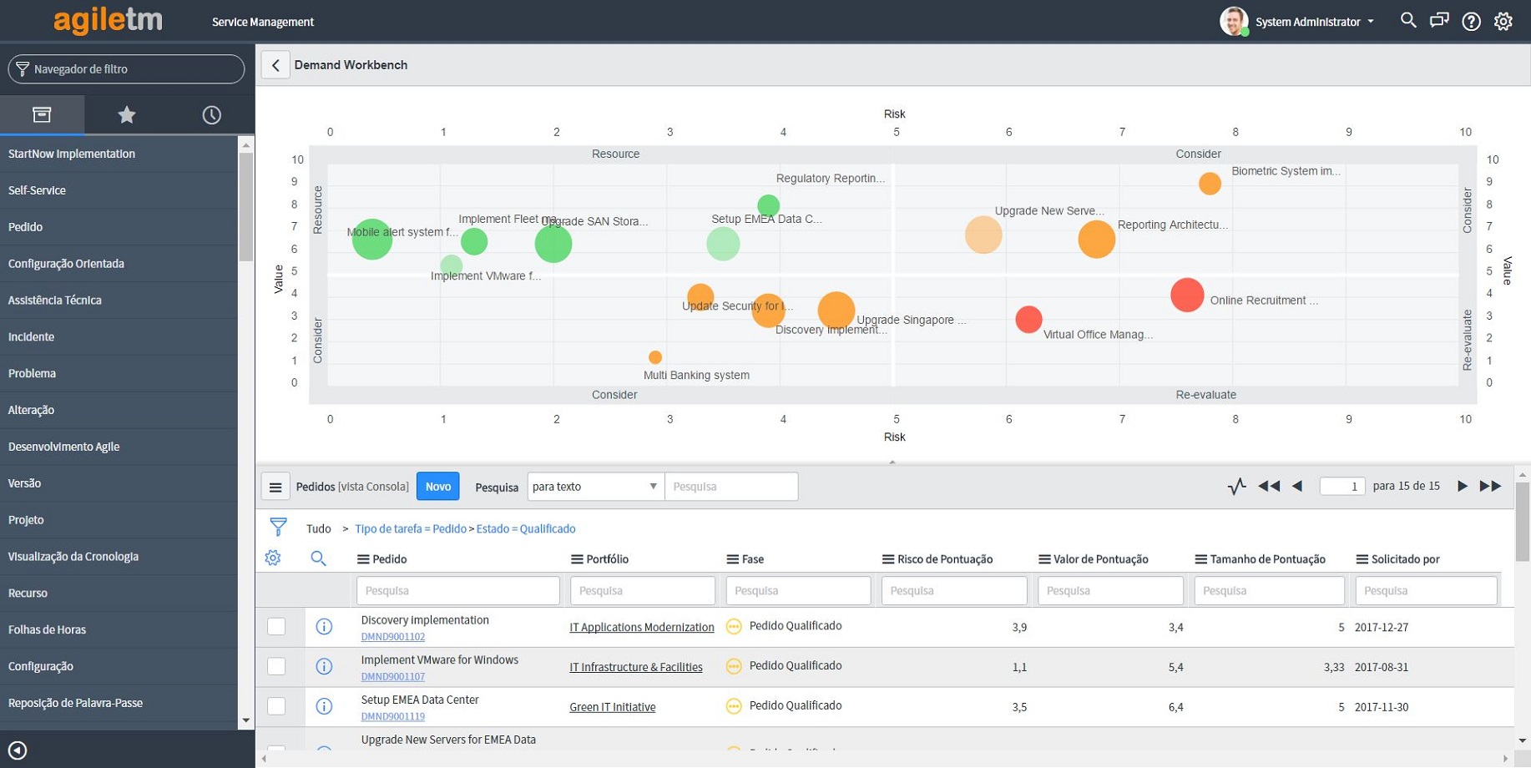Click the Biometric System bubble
tap(1209, 184)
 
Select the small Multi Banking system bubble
tap(655, 357)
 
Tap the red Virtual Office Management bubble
tap(1028, 319)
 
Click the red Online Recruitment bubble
tap(1186, 295)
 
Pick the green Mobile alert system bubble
tap(371, 240)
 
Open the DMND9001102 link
tap(392, 637)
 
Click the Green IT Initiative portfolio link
tap(612, 707)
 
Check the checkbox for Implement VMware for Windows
tap(276, 666)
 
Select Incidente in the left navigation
tap(32, 337)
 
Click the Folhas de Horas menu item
tap(47, 630)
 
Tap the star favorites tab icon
tap(126, 115)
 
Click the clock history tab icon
tap(211, 115)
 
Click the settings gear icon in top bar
tap(1503, 22)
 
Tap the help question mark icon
tap(1471, 22)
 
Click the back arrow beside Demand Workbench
tap(275, 65)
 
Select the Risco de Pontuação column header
tap(944, 559)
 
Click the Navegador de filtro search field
tap(134, 69)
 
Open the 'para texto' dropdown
tap(595, 487)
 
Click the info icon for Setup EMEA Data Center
tap(324, 707)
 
